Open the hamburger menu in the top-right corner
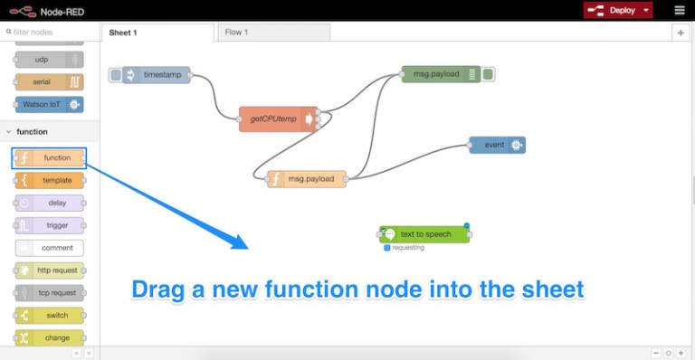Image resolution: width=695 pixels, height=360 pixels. (x=680, y=11)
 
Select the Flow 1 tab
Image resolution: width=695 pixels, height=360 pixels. (x=272, y=33)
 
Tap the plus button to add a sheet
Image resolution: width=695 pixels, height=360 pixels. (x=681, y=33)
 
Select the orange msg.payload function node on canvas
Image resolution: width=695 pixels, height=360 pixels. (x=307, y=179)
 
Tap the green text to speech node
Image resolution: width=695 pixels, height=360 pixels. (x=424, y=234)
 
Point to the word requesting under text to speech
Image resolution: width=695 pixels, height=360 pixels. (x=407, y=247)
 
